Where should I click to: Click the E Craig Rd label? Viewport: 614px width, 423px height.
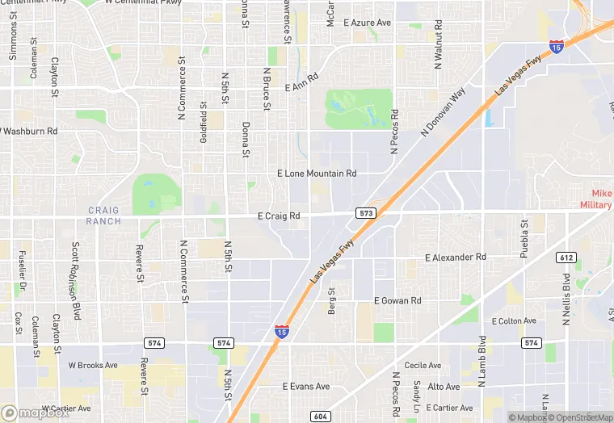click(279, 216)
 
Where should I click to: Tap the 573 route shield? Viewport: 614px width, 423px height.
click(365, 212)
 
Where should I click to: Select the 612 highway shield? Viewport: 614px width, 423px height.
click(566, 258)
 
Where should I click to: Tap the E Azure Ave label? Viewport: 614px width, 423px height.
click(368, 23)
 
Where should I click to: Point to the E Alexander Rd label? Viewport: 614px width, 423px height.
click(456, 258)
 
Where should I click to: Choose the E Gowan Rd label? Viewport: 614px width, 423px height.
click(397, 300)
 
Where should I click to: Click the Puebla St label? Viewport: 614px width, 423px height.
click(524, 235)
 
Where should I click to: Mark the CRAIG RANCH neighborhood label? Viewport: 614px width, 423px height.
click(103, 216)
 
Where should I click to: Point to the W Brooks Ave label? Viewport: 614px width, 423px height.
click(93, 365)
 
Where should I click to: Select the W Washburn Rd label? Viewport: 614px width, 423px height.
click(29, 130)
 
